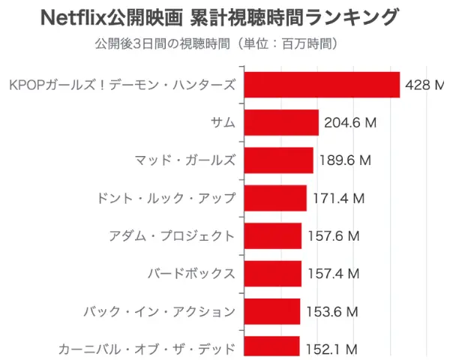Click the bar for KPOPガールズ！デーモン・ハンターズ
click(322, 85)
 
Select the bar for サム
click(282, 122)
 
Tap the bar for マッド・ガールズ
click(279, 160)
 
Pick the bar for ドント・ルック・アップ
click(276, 198)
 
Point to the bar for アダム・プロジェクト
click(273, 235)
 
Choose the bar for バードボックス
click(273, 274)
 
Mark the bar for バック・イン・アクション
click(272, 311)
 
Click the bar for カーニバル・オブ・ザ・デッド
click(272, 347)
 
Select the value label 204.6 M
click(349, 123)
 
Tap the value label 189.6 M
click(344, 160)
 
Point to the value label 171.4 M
click(337, 198)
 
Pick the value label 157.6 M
click(333, 235)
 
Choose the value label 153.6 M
click(331, 311)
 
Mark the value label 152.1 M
click(331, 349)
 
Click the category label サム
click(223, 123)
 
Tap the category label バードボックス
click(191, 274)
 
